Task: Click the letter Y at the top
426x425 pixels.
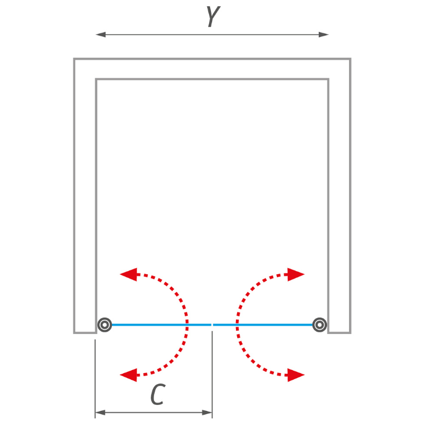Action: (213, 16)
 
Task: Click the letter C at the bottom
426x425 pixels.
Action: (158, 394)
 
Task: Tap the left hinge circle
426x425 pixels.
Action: (105, 325)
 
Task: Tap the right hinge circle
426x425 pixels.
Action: (320, 325)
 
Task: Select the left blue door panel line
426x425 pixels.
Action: (161, 325)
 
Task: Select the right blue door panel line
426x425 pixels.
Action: (263, 325)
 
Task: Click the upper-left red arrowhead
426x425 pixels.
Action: (128, 274)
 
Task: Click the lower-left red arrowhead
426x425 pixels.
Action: (128, 375)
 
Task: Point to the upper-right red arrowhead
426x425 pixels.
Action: (296, 274)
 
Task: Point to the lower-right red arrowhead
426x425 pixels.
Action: (296, 375)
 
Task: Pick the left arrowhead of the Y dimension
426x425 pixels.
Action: (100, 34)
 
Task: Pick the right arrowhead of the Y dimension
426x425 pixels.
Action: (324, 34)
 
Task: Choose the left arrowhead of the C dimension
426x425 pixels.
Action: (100, 413)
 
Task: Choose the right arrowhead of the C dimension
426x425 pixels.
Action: (207, 413)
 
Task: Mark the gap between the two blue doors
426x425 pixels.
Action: (212, 325)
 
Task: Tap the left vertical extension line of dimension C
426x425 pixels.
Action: (95, 379)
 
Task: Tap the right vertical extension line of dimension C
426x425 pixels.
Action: (212, 375)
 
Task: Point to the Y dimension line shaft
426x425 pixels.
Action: (212, 34)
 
